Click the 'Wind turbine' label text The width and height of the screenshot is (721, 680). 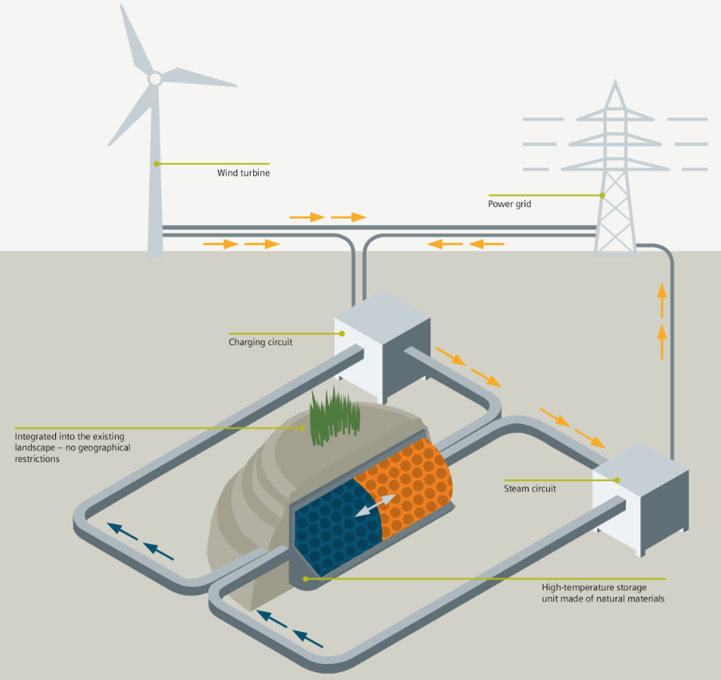[243, 173]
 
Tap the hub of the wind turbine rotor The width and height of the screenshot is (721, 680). [155, 78]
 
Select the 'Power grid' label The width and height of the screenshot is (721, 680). [509, 204]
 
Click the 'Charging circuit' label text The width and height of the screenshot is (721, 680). [260, 342]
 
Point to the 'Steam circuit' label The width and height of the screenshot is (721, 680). [530, 488]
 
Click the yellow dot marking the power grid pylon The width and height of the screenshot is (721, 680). [603, 195]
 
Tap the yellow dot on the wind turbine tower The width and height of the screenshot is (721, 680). [156, 164]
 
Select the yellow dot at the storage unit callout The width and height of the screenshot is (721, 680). [305, 578]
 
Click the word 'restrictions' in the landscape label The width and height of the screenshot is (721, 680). [38, 459]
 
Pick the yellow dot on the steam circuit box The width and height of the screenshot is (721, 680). [617, 480]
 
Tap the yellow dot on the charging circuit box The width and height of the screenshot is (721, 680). [343, 333]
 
